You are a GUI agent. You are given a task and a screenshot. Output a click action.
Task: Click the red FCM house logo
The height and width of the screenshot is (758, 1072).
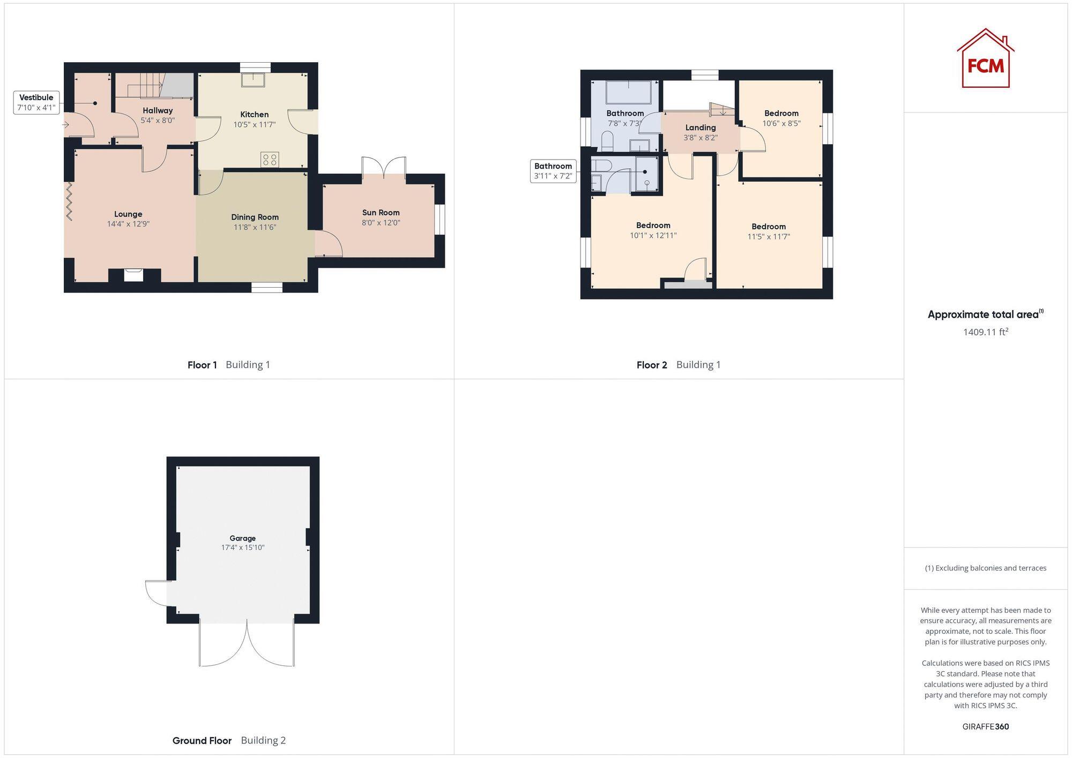985,59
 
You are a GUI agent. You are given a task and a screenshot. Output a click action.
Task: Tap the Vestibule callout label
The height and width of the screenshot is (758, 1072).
36,102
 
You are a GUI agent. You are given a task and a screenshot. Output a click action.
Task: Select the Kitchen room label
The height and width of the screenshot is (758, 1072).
254,114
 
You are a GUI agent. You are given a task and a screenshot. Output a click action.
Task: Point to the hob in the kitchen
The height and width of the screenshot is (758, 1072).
270,159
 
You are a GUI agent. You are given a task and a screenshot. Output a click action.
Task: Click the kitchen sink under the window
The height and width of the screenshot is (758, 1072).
253,80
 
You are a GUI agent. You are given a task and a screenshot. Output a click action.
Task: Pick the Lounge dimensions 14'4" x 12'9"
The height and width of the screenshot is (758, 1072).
128,224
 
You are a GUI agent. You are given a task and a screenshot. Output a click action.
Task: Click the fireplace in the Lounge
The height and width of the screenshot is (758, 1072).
133,275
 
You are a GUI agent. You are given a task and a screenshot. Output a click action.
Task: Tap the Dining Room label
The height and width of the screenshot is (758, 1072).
255,217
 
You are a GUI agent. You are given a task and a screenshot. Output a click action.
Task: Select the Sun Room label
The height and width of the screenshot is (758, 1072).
381,213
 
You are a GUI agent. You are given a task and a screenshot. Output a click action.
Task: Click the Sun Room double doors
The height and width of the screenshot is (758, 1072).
384,167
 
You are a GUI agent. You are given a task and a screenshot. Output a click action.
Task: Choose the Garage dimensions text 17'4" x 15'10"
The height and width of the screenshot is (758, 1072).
243,547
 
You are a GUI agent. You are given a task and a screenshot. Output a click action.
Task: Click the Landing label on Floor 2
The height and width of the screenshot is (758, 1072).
700,127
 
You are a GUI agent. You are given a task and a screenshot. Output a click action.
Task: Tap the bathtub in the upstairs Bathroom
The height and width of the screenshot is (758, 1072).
628,92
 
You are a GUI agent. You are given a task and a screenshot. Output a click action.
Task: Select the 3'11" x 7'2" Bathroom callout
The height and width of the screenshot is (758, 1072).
553,171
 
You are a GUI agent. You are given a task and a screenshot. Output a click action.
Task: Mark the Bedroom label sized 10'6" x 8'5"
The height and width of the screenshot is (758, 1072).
781,113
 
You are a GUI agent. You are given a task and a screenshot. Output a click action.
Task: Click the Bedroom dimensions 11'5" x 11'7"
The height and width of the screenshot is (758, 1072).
769,236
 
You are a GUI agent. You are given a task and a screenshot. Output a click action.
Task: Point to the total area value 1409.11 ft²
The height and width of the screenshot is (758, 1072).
985,332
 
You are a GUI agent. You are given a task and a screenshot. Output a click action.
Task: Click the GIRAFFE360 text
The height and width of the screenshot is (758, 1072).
985,726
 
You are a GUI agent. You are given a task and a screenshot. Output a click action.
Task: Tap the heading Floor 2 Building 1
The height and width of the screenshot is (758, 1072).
678,365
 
